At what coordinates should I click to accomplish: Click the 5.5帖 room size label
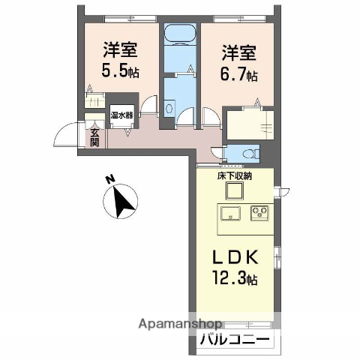point(121,72)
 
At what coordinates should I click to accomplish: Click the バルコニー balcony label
point(235,340)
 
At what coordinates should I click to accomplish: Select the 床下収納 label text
point(235,177)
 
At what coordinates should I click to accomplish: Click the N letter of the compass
point(109,180)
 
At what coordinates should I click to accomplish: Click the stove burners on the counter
point(259,213)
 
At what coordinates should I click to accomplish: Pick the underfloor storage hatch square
point(233,190)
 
